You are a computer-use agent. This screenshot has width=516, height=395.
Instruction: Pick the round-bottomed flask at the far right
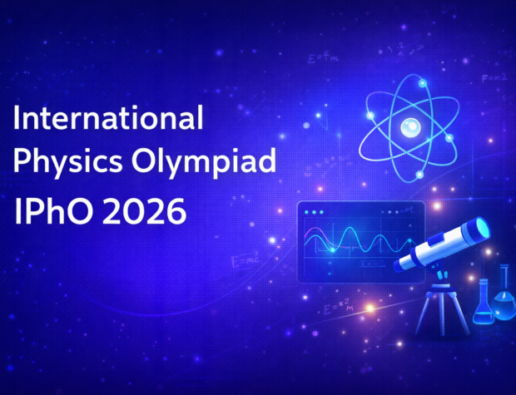point(504,299)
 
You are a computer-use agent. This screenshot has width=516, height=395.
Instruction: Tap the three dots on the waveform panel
point(315,211)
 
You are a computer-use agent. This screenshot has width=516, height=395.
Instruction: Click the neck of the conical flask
point(482,288)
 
